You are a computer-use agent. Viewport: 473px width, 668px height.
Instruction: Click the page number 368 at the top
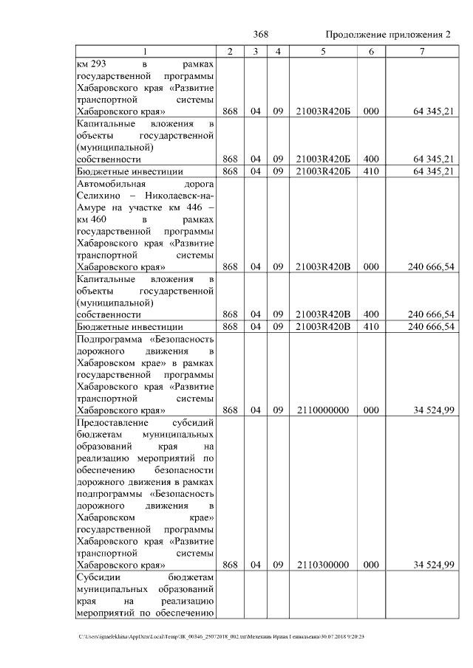coord(260,35)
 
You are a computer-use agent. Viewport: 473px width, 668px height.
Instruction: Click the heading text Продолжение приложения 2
coord(387,35)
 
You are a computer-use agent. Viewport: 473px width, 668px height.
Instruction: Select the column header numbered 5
coord(322,51)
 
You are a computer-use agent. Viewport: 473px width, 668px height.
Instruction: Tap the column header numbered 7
coord(421,51)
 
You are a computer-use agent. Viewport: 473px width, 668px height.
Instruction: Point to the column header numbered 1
coord(145,51)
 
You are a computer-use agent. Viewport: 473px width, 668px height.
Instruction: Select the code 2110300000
coord(322,565)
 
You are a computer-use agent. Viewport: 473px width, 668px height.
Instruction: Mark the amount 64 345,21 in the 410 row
coord(430,171)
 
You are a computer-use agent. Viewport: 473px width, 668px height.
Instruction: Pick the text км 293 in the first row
coord(92,64)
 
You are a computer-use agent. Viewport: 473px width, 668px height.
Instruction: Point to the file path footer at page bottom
coord(222,636)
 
